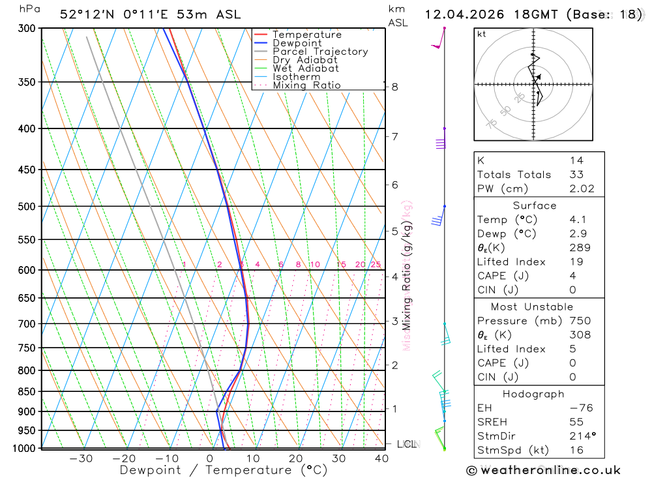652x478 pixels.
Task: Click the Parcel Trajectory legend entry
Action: (x=320, y=52)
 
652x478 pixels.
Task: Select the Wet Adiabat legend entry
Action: (x=305, y=68)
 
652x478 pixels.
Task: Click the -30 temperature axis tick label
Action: (x=81, y=458)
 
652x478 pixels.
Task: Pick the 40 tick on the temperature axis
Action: (x=381, y=458)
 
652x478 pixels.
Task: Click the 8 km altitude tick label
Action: (x=394, y=87)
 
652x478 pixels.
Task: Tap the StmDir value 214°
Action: (x=580, y=436)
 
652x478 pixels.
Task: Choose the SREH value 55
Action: (x=576, y=423)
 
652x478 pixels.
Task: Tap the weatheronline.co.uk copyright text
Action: (x=544, y=470)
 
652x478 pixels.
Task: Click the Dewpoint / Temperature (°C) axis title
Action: (x=224, y=470)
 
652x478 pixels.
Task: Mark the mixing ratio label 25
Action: (x=376, y=264)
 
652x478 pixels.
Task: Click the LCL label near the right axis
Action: (x=406, y=444)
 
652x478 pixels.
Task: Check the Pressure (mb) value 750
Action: (x=580, y=321)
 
